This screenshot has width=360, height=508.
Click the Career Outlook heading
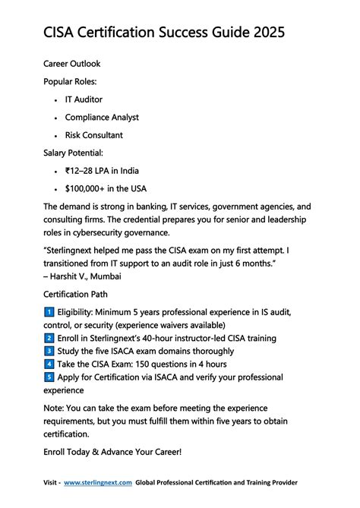pyautogui.click(x=72, y=64)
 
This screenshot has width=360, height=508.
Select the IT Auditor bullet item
pyautogui.click(x=84, y=99)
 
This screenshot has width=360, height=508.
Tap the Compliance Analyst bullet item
pyautogui.click(x=102, y=118)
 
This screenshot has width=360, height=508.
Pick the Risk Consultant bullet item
pyautogui.click(x=93, y=135)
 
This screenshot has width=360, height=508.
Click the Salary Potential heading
pyautogui.click(x=77, y=153)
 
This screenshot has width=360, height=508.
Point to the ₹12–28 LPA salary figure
pyautogui.click(x=83, y=171)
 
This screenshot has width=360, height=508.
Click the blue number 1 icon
pyautogui.click(x=49, y=312)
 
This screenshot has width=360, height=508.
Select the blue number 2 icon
pyautogui.click(x=49, y=338)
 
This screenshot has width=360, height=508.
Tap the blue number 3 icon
pyautogui.click(x=49, y=351)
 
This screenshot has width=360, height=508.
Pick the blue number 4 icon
pyautogui.click(x=49, y=364)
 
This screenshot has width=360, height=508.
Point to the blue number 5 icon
pyautogui.click(x=49, y=377)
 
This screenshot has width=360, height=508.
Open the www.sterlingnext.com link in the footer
pyautogui.click(x=98, y=482)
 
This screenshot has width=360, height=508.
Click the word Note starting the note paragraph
pyautogui.click(x=55, y=409)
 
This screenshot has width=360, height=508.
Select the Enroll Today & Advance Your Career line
pyautogui.click(x=112, y=452)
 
